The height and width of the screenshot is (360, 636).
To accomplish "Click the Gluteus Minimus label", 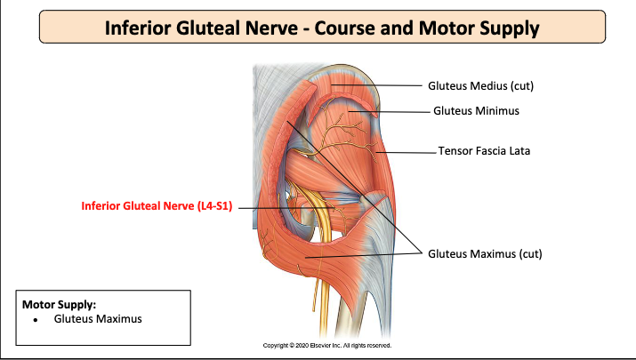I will pyautogui.click(x=476, y=111).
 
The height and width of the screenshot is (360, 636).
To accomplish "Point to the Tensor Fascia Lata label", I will pyautogui.click(x=484, y=151).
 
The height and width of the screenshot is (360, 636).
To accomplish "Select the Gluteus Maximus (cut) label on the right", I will pyautogui.click(x=485, y=253).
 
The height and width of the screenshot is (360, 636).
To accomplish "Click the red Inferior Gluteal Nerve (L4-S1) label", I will pyautogui.click(x=157, y=207).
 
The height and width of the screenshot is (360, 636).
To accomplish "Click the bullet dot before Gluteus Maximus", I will pyautogui.click(x=34, y=318).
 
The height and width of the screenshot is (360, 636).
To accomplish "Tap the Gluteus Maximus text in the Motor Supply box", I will pyautogui.click(x=98, y=318).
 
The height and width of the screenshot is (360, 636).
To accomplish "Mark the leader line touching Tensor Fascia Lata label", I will pyautogui.click(x=409, y=152).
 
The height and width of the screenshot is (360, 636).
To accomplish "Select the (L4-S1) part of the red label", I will pyautogui.click(x=213, y=207).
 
